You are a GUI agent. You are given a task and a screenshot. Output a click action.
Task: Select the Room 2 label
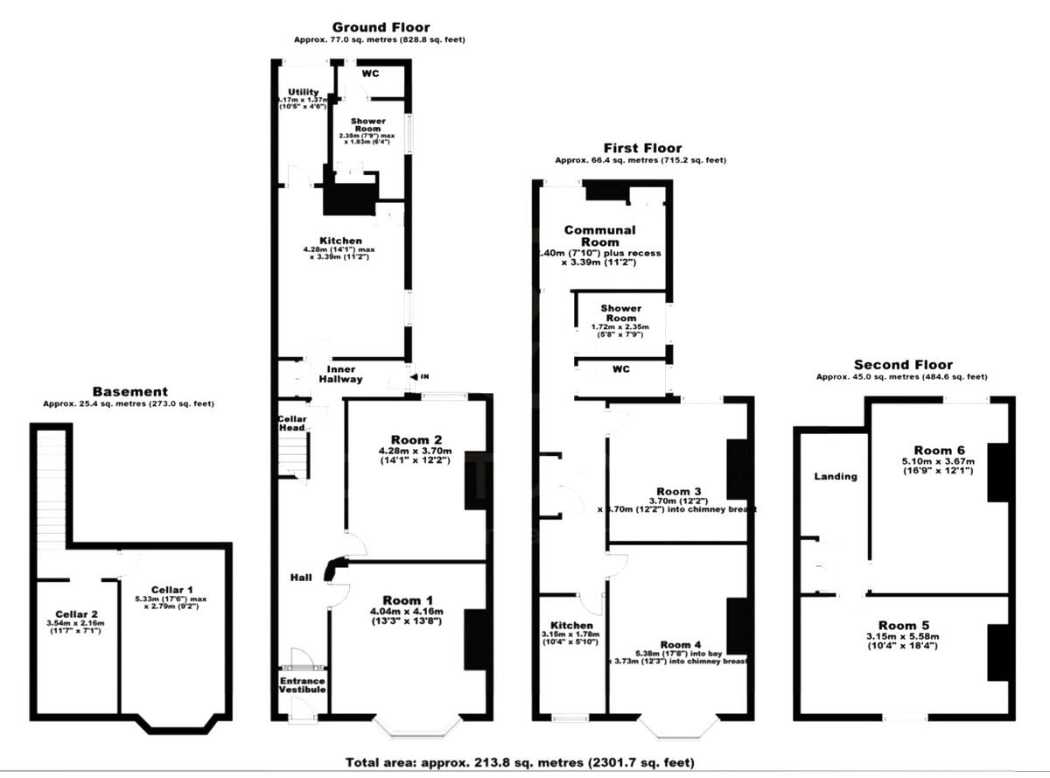pyautogui.click(x=406, y=439)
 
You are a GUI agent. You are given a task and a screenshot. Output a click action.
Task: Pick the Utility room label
pyautogui.click(x=304, y=92)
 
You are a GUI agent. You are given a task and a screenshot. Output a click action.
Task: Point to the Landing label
pyautogui.click(x=835, y=476)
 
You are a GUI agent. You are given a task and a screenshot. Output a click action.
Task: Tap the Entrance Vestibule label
pyautogui.click(x=303, y=685)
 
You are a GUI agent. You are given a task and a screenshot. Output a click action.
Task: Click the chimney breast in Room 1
pyautogui.click(x=477, y=639)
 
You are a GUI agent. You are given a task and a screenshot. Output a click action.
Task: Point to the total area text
pyautogui.click(x=521, y=761)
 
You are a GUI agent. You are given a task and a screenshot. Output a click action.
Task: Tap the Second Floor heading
pyautogui.click(x=903, y=365)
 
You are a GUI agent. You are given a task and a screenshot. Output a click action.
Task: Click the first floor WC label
pyautogui.click(x=620, y=369)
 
